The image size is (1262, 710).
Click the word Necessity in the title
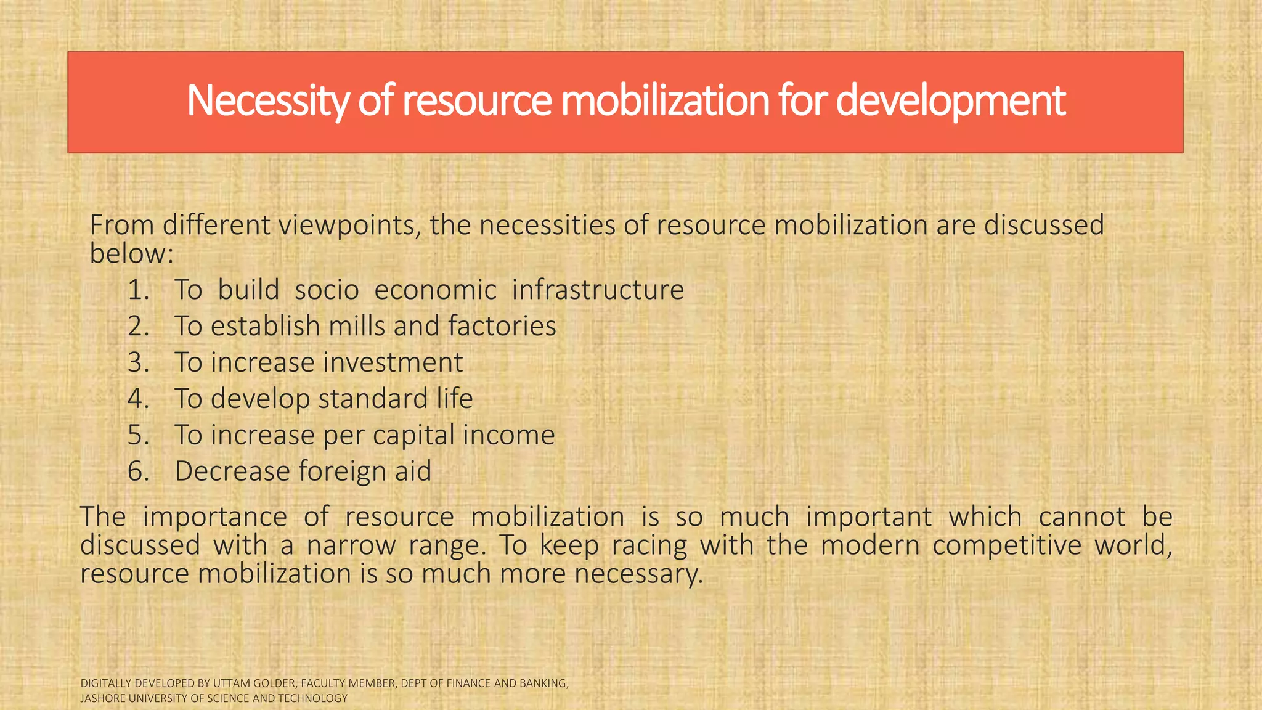coord(268,100)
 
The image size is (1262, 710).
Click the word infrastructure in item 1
coord(598,290)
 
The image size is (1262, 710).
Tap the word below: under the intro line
coord(131,253)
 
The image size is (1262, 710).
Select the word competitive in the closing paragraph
coord(1007,545)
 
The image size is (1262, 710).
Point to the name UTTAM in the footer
coord(230,683)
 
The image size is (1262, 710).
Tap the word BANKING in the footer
coord(546,683)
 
